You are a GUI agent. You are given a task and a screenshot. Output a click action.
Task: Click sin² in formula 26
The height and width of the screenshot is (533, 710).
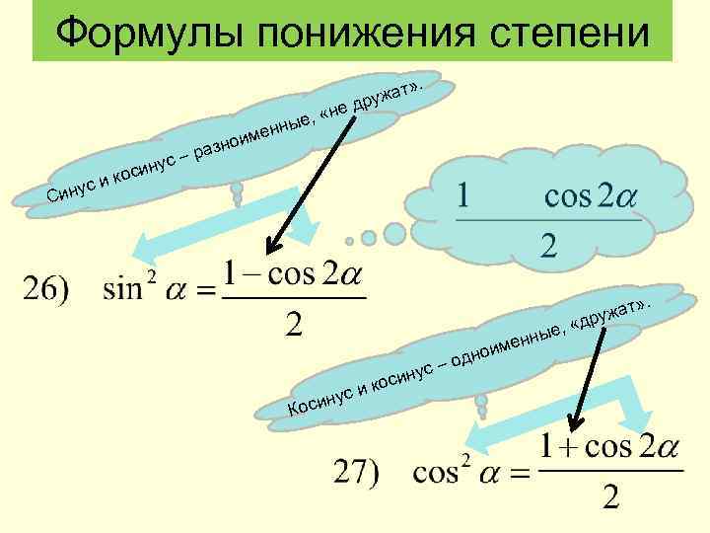pyautogui.click(x=130, y=290)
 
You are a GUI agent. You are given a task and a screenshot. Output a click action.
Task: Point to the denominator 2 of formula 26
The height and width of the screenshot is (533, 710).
pyautogui.click(x=293, y=324)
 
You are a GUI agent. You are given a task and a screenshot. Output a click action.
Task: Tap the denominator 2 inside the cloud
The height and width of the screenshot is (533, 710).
pyautogui.click(x=548, y=247)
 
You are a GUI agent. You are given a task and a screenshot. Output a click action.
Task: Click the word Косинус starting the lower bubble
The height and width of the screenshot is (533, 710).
pyautogui.click(x=320, y=397)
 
